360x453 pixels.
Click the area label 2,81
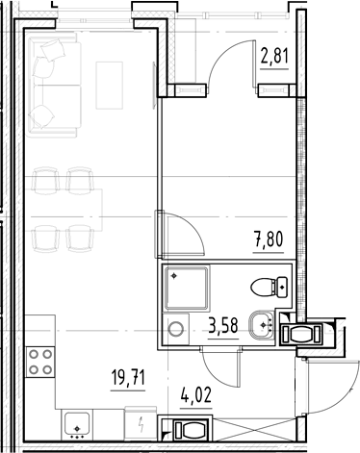click(x=274, y=57)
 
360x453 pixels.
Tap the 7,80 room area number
click(x=269, y=239)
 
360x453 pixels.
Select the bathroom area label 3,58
click(x=223, y=326)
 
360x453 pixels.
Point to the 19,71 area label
click(x=128, y=377)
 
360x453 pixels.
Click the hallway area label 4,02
click(x=196, y=395)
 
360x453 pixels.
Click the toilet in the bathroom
click(x=269, y=288)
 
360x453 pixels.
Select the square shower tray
click(x=187, y=288)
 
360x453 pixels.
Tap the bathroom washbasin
click(x=261, y=325)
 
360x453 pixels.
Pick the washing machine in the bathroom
click(x=176, y=329)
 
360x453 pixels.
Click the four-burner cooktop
click(x=40, y=362)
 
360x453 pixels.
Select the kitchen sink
click(x=77, y=424)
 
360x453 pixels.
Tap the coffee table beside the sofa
click(x=109, y=86)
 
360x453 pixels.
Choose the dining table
click(x=64, y=210)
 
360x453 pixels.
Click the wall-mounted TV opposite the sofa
click(x=154, y=85)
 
